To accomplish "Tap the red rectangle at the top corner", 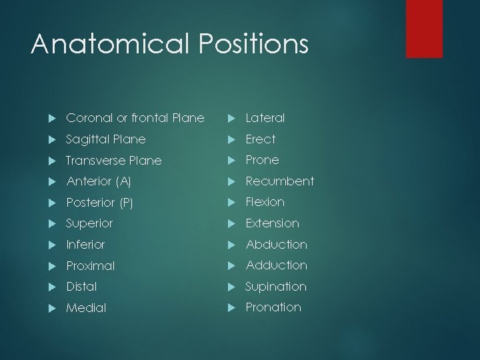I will (424, 28).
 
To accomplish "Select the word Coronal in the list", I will (87, 118).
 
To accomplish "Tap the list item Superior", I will (89, 223).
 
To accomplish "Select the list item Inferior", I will (85, 245).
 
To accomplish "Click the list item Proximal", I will (91, 266).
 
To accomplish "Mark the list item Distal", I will (81, 287).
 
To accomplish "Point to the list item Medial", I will (86, 308).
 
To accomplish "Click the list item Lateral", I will (265, 118).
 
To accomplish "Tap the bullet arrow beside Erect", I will (231, 139).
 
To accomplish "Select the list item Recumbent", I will (279, 181).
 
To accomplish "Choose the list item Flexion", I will (265, 202).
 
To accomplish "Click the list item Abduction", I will (276, 245).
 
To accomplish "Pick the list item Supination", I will (275, 287).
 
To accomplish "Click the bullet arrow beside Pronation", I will (231, 307).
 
